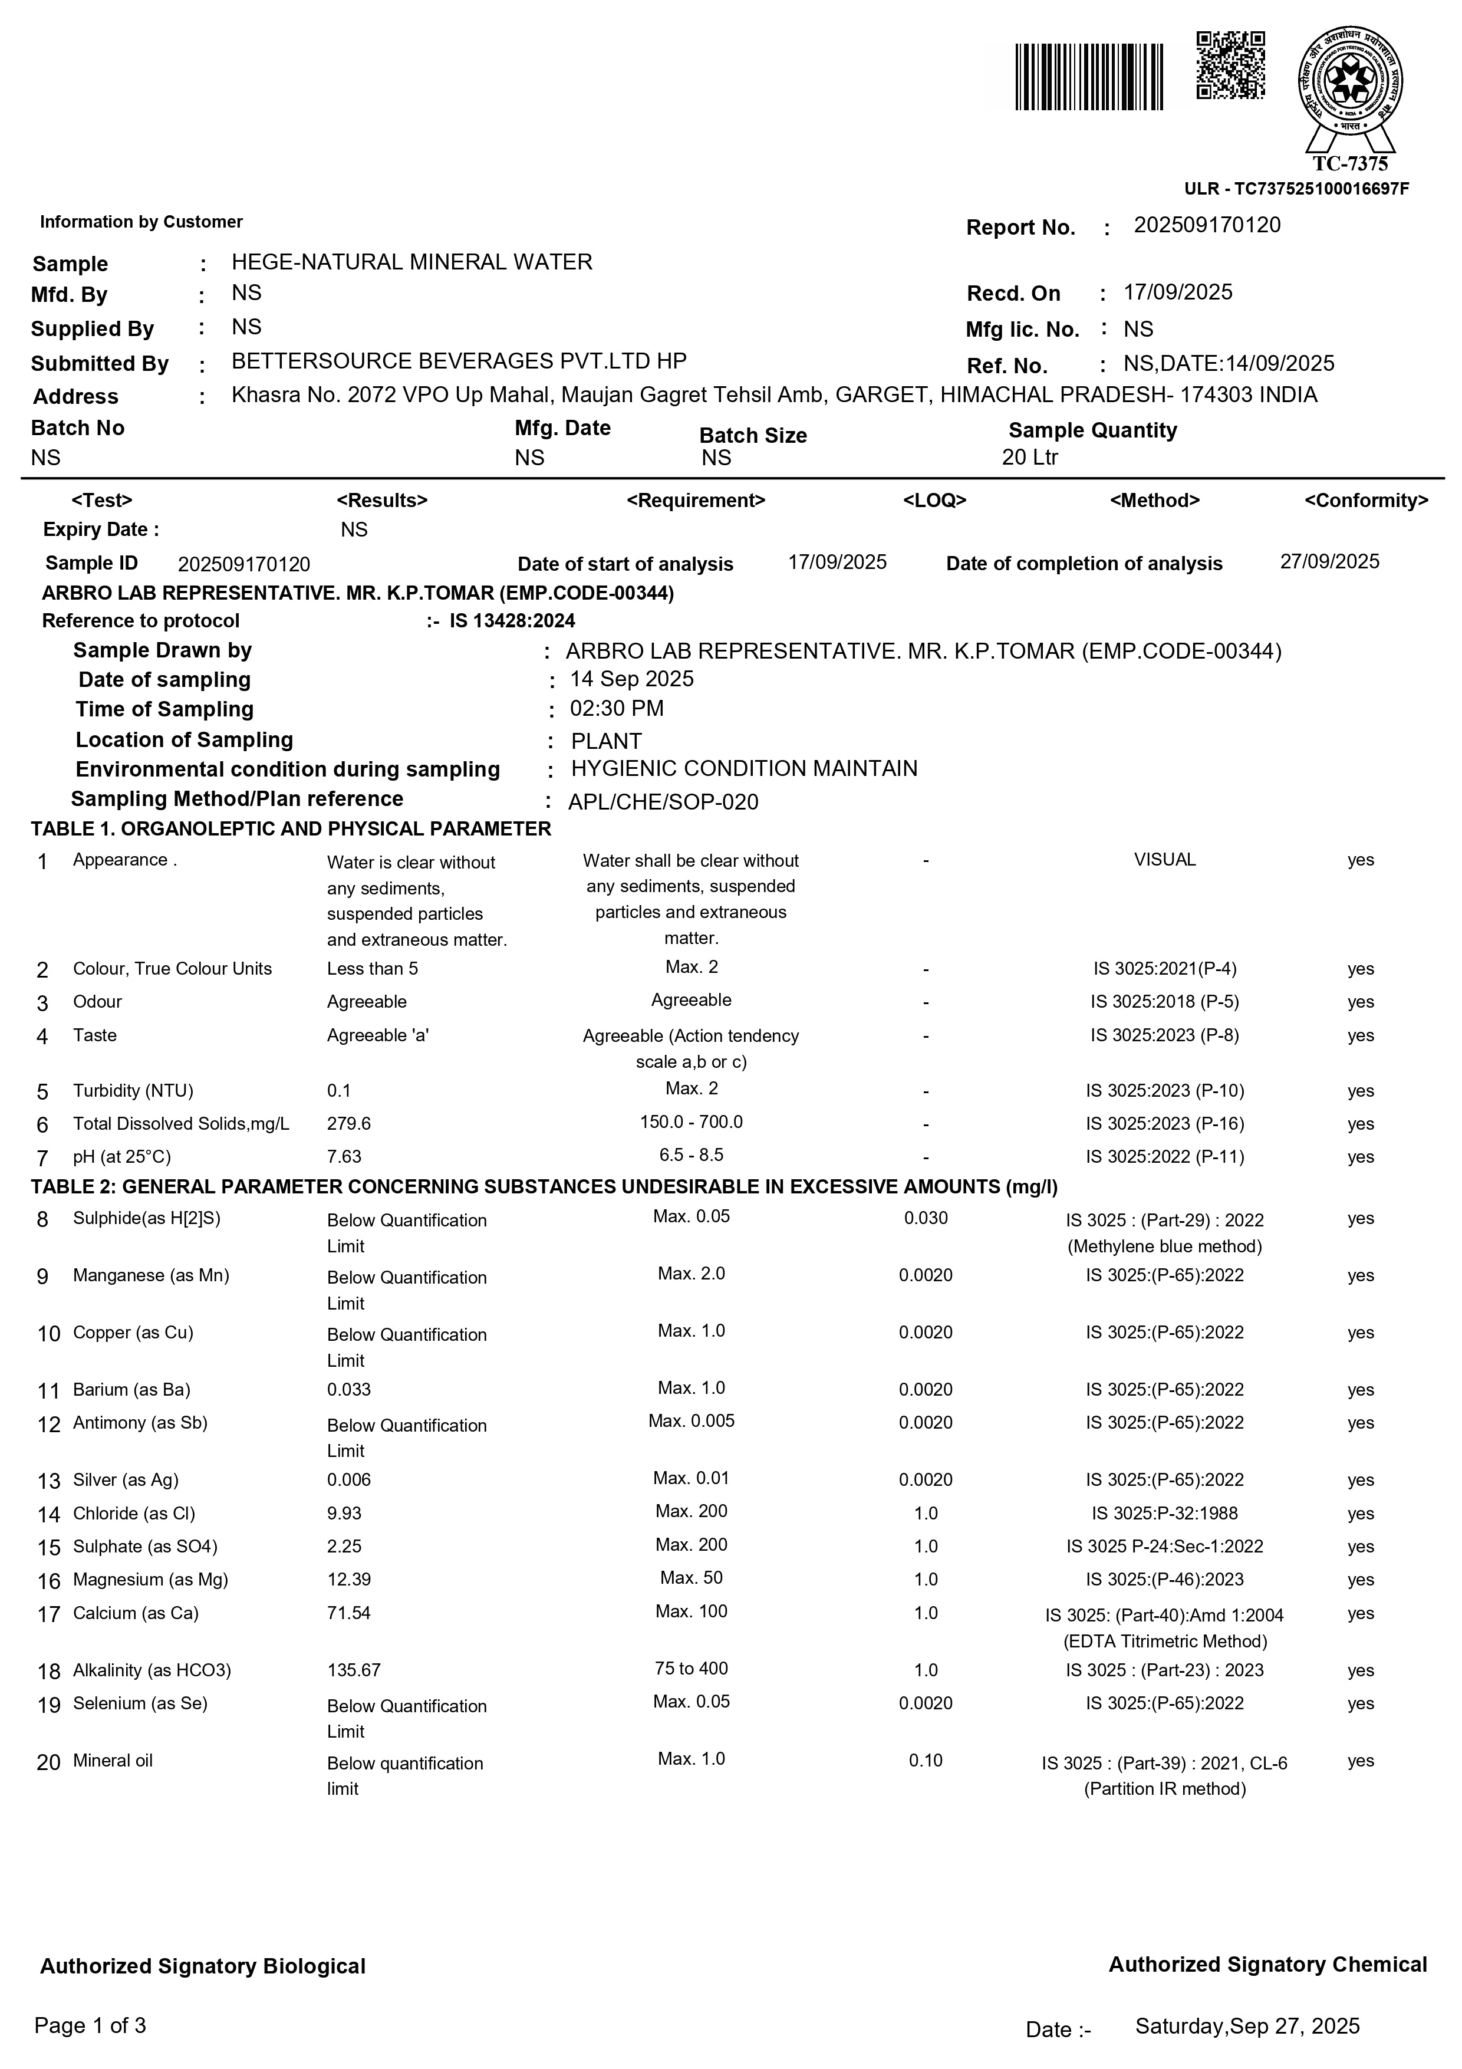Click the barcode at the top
[1088, 77]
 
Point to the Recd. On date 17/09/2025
[1177, 293]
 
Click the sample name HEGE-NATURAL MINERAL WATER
[411, 262]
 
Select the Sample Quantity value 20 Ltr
[1030, 457]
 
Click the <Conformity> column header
[1366, 501]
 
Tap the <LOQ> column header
[934, 501]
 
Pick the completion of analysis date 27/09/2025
[1329, 563]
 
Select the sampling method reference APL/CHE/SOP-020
[663, 802]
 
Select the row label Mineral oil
[113, 1761]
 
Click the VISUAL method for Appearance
[1164, 860]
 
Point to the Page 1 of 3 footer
[90, 2026]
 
